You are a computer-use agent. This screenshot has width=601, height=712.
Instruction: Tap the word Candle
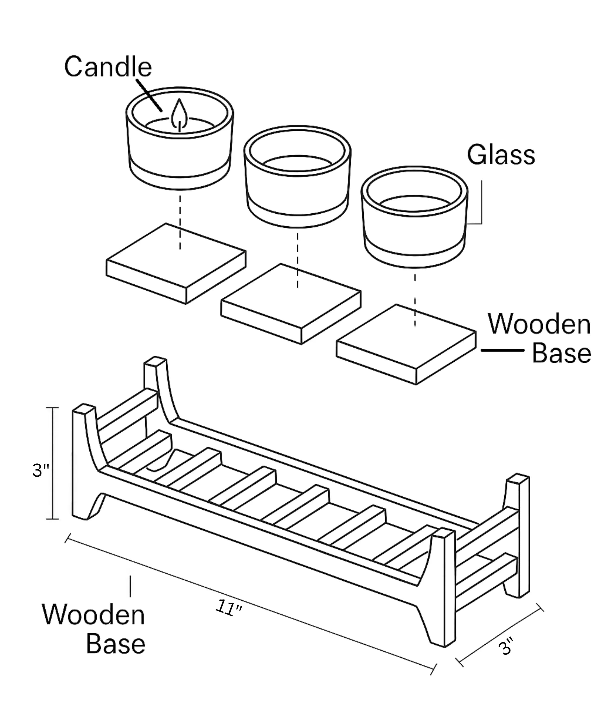[x=108, y=67]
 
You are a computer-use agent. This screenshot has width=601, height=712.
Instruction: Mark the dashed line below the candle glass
[x=180, y=222]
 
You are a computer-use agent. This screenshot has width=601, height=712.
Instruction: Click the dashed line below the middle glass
[x=297, y=261]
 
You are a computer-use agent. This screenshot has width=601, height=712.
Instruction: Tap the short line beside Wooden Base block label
[x=502, y=350]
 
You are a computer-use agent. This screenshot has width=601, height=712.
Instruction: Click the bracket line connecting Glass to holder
[x=481, y=204]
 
